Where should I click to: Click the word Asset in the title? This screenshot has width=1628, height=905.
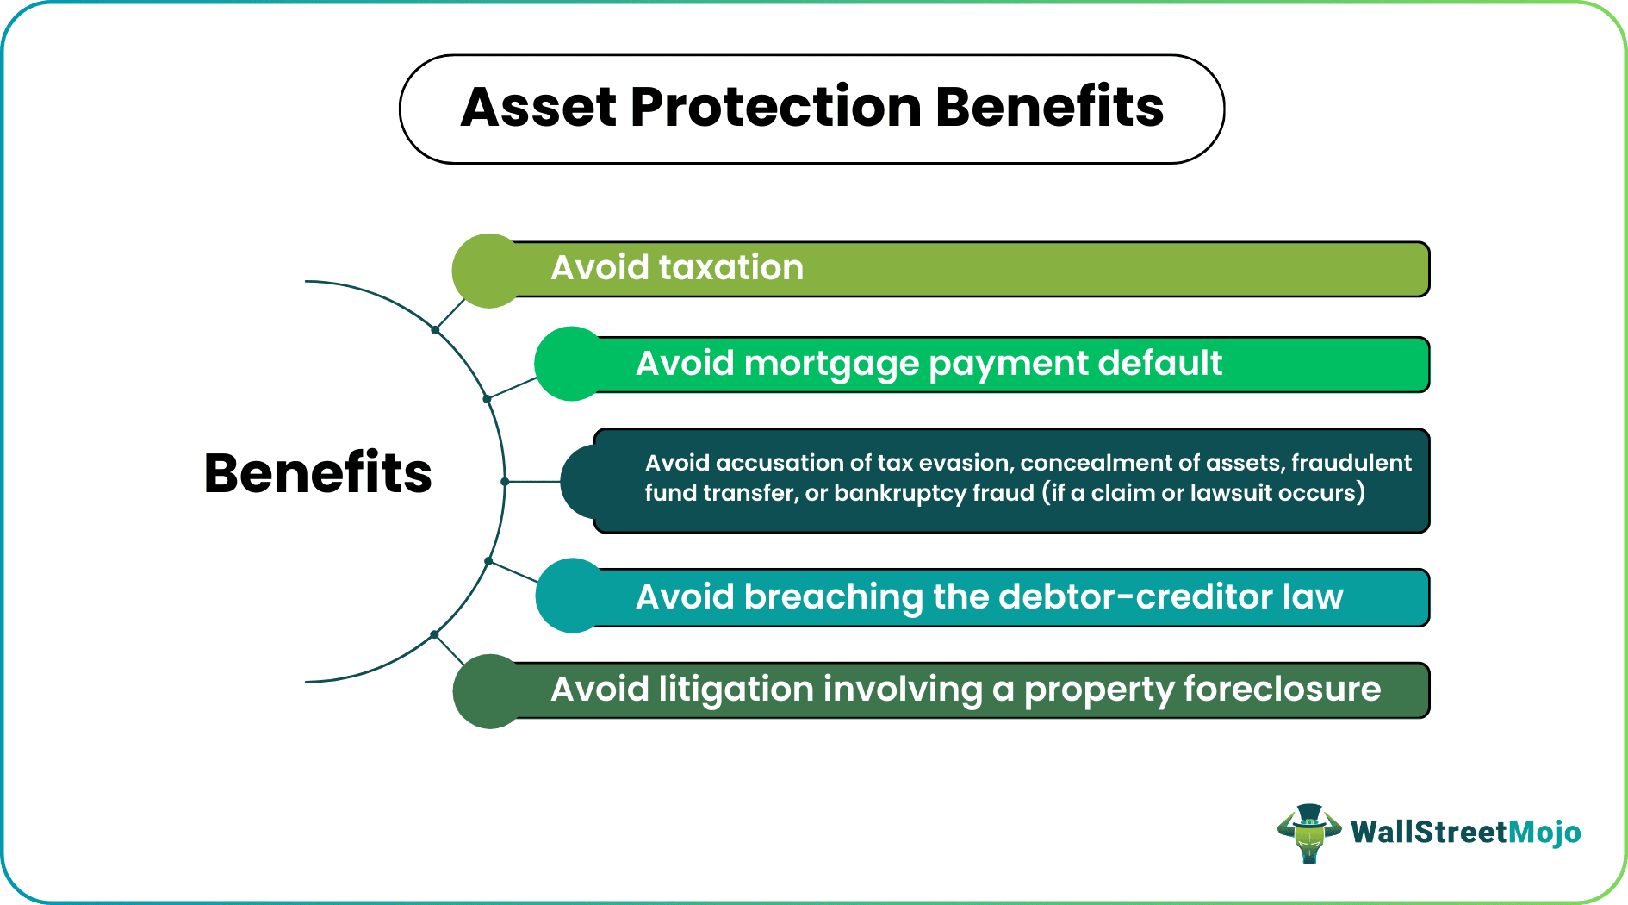pos(538,108)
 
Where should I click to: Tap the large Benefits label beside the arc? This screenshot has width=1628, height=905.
pos(318,473)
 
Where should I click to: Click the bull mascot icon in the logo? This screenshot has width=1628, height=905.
pos(1308,833)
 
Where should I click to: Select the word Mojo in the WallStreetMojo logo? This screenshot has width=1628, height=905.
pos(1545,832)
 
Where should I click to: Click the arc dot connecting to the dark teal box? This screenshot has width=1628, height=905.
pos(505,482)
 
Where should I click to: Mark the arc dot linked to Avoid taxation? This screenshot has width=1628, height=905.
pos(435,329)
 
